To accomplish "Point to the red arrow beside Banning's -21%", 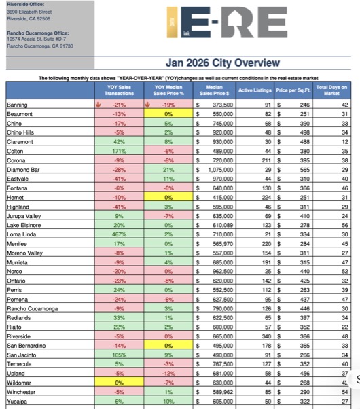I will click(98, 105).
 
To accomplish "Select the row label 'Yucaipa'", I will click(17, 402).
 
